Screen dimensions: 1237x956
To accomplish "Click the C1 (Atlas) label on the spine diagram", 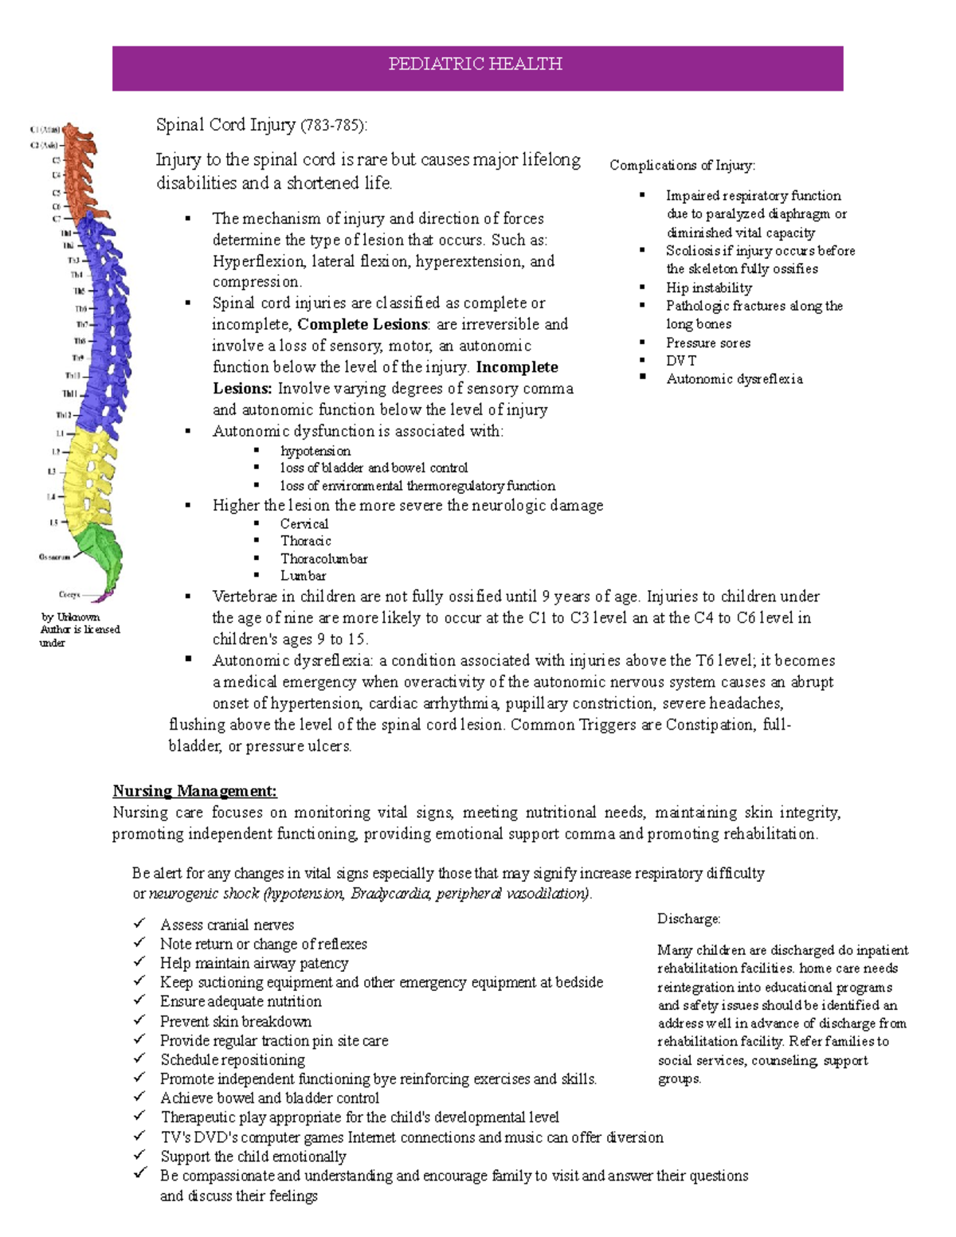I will [44, 130].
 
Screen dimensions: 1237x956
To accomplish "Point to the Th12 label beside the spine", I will [63, 415].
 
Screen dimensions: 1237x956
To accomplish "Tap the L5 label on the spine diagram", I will [53, 523].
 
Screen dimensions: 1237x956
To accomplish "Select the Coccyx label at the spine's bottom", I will [69, 594].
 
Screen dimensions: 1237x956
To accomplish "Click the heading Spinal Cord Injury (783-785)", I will [261, 125].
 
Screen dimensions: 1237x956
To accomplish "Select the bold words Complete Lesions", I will [362, 324].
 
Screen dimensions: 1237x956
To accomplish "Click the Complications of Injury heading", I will [682, 166].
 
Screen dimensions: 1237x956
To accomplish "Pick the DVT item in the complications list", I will [681, 361].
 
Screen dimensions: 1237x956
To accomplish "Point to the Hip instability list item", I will [708, 288].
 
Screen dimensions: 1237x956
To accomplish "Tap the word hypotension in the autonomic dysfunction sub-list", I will [315, 451].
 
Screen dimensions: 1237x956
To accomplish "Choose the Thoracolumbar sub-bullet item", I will [323, 558].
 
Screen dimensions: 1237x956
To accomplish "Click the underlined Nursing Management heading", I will [194, 791].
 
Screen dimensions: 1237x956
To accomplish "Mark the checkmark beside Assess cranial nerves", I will [140, 923].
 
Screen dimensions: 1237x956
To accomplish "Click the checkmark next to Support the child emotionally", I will [140, 1156].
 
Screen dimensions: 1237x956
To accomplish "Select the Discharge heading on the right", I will [688, 919].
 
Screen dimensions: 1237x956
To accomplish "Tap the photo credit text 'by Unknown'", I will [70, 617].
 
